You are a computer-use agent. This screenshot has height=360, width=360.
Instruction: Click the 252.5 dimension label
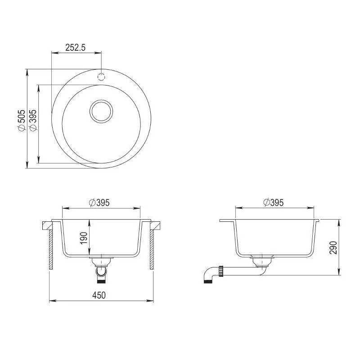[76, 47]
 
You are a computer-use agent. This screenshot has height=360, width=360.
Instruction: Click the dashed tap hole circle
[101, 76]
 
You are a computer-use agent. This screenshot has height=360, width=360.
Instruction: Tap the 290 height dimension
[333, 247]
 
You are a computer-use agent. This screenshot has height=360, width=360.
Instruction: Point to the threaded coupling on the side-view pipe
[221, 270]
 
